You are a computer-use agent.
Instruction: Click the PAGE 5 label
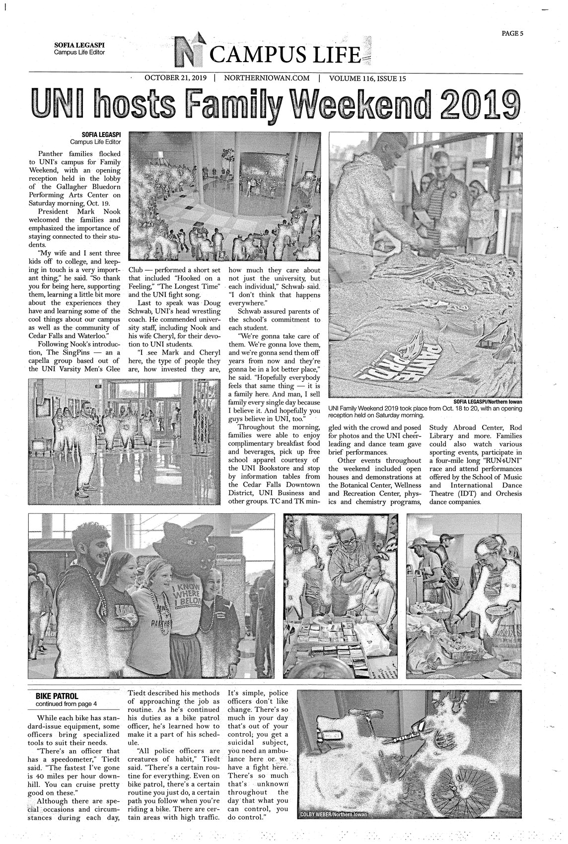tap(512, 34)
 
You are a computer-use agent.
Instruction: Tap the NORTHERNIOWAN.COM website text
tap(267, 78)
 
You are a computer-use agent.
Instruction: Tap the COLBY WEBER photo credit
tap(330, 815)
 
